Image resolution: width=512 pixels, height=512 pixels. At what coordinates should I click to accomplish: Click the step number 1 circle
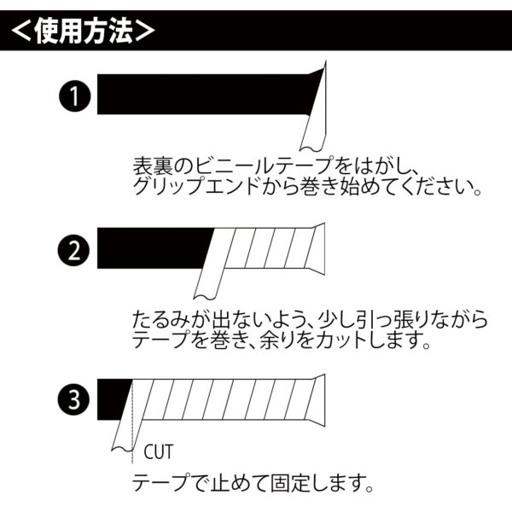(75, 96)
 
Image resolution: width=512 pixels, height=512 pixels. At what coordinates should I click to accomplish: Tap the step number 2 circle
(74, 250)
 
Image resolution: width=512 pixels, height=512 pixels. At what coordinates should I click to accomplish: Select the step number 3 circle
(73, 399)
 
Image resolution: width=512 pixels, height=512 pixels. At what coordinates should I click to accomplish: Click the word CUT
(158, 451)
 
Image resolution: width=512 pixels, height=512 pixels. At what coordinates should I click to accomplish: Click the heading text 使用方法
(84, 31)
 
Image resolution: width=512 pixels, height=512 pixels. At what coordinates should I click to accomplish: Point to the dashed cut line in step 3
(132, 422)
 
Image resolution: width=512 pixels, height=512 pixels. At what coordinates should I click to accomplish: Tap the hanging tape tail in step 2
(208, 280)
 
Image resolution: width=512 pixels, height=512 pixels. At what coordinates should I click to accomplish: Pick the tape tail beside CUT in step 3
(125, 434)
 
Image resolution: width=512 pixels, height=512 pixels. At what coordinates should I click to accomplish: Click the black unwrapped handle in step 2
(154, 248)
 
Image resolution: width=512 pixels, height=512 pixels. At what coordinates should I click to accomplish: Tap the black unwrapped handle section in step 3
(113, 399)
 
